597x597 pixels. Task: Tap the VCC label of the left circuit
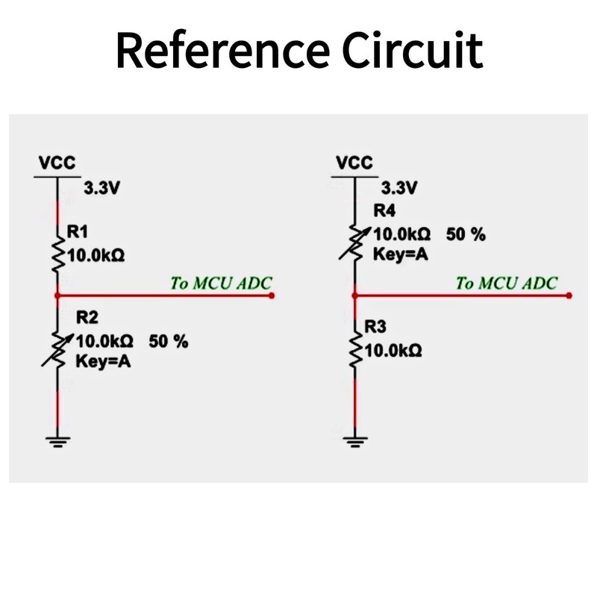[x=57, y=163]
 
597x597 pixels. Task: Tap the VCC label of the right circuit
[x=354, y=163]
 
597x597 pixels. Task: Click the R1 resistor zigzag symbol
[x=57, y=255]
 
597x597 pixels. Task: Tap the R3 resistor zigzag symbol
[x=354, y=348]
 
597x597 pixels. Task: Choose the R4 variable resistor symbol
[x=355, y=240]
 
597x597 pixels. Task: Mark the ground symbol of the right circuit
[x=354, y=441]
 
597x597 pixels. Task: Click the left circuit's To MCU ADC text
[x=222, y=284]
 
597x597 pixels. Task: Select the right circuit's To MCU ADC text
[x=507, y=284]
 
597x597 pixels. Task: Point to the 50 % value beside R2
[x=169, y=342]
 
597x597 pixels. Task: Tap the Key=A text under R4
[x=400, y=254]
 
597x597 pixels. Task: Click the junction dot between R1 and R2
[x=57, y=296]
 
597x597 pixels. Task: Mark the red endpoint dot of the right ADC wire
[x=570, y=296]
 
